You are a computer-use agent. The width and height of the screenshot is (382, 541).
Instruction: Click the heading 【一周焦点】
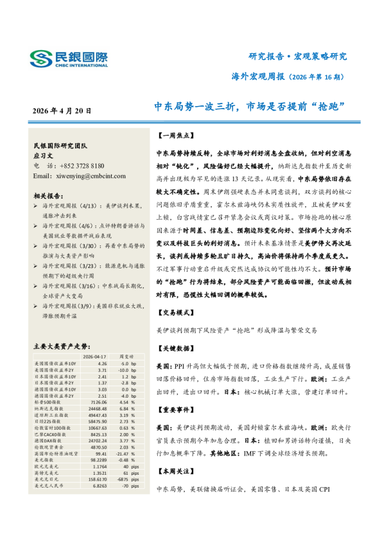tap(173, 136)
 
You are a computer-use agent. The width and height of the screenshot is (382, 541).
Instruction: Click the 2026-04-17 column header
tap(94, 355)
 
